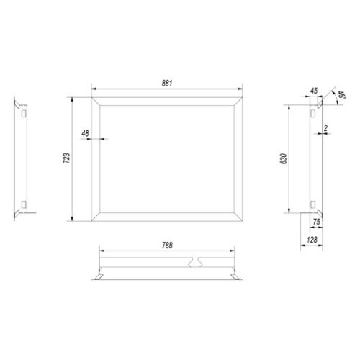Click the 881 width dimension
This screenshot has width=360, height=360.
click(167, 84)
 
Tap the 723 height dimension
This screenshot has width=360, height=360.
click(66, 158)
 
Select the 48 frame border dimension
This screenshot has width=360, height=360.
click(85, 133)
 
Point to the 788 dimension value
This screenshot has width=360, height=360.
click(167, 246)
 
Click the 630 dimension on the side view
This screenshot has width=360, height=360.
click(284, 158)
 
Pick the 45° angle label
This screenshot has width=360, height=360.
click(341, 95)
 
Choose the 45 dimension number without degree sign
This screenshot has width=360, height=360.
click(314, 91)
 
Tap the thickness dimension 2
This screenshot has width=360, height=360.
click(325, 128)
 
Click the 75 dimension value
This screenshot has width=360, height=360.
click(317, 222)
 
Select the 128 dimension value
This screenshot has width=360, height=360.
click(312, 240)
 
